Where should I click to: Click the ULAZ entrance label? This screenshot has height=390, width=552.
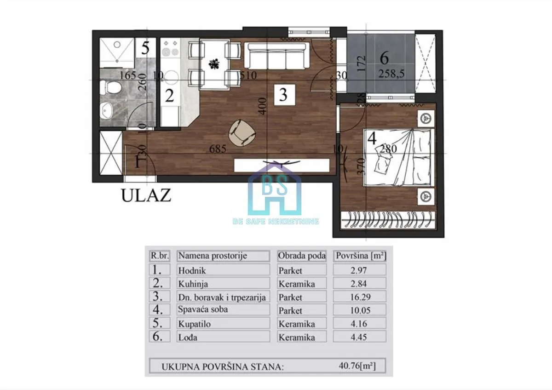[146, 195]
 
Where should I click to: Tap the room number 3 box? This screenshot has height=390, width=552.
[283, 95]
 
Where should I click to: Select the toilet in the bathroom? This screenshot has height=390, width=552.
[112, 86]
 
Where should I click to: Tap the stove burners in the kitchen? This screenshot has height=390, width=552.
[171, 49]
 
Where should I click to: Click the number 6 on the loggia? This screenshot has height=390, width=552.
[385, 58]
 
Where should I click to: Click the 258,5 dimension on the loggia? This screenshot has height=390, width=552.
[391, 74]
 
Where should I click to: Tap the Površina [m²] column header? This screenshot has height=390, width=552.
[360, 256]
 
